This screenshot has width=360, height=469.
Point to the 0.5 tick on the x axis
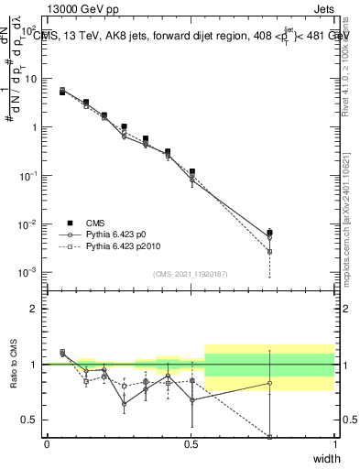pyautogui.click(x=191, y=444)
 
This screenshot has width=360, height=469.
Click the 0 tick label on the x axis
pyautogui.click(x=47, y=444)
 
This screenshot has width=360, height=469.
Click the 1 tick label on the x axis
pyautogui.click(x=334, y=444)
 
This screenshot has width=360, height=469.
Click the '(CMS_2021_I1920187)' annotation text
pyautogui.click(x=191, y=273)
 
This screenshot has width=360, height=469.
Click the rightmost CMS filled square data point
pyautogui.click(x=269, y=234)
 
